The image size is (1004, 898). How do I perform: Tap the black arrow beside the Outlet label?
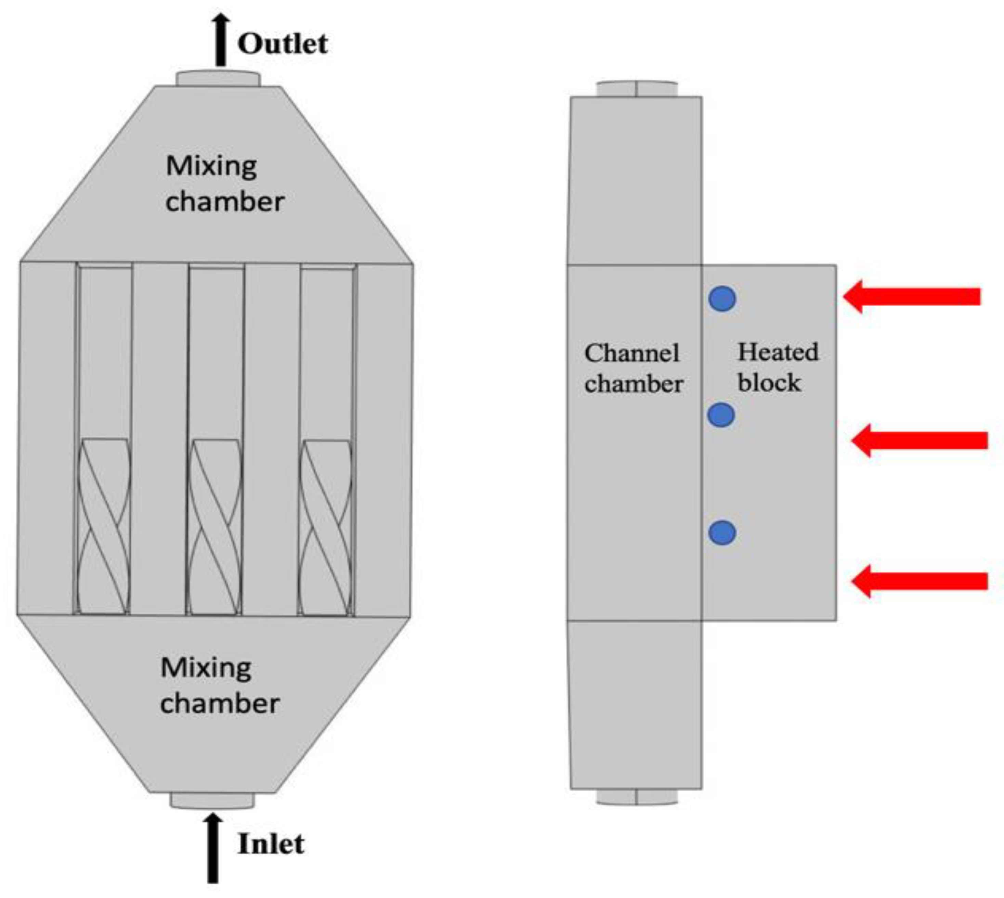pos(221,39)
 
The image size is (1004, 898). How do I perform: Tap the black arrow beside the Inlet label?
pos(212,848)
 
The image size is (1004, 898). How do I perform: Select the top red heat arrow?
pos(912,296)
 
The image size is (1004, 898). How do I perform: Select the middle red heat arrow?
pos(920,440)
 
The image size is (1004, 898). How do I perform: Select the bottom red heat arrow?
pos(920,581)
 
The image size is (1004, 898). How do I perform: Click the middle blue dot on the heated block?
pos(721,415)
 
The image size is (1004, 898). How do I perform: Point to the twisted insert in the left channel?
pos(104,525)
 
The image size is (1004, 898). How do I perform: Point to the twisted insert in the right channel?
pos(326,527)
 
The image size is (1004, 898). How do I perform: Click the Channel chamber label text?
pos(633,369)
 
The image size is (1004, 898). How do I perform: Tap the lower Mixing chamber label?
pos(219,685)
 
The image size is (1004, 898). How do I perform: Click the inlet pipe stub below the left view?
pos(212,800)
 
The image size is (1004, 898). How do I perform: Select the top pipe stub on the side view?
pos(637,89)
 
